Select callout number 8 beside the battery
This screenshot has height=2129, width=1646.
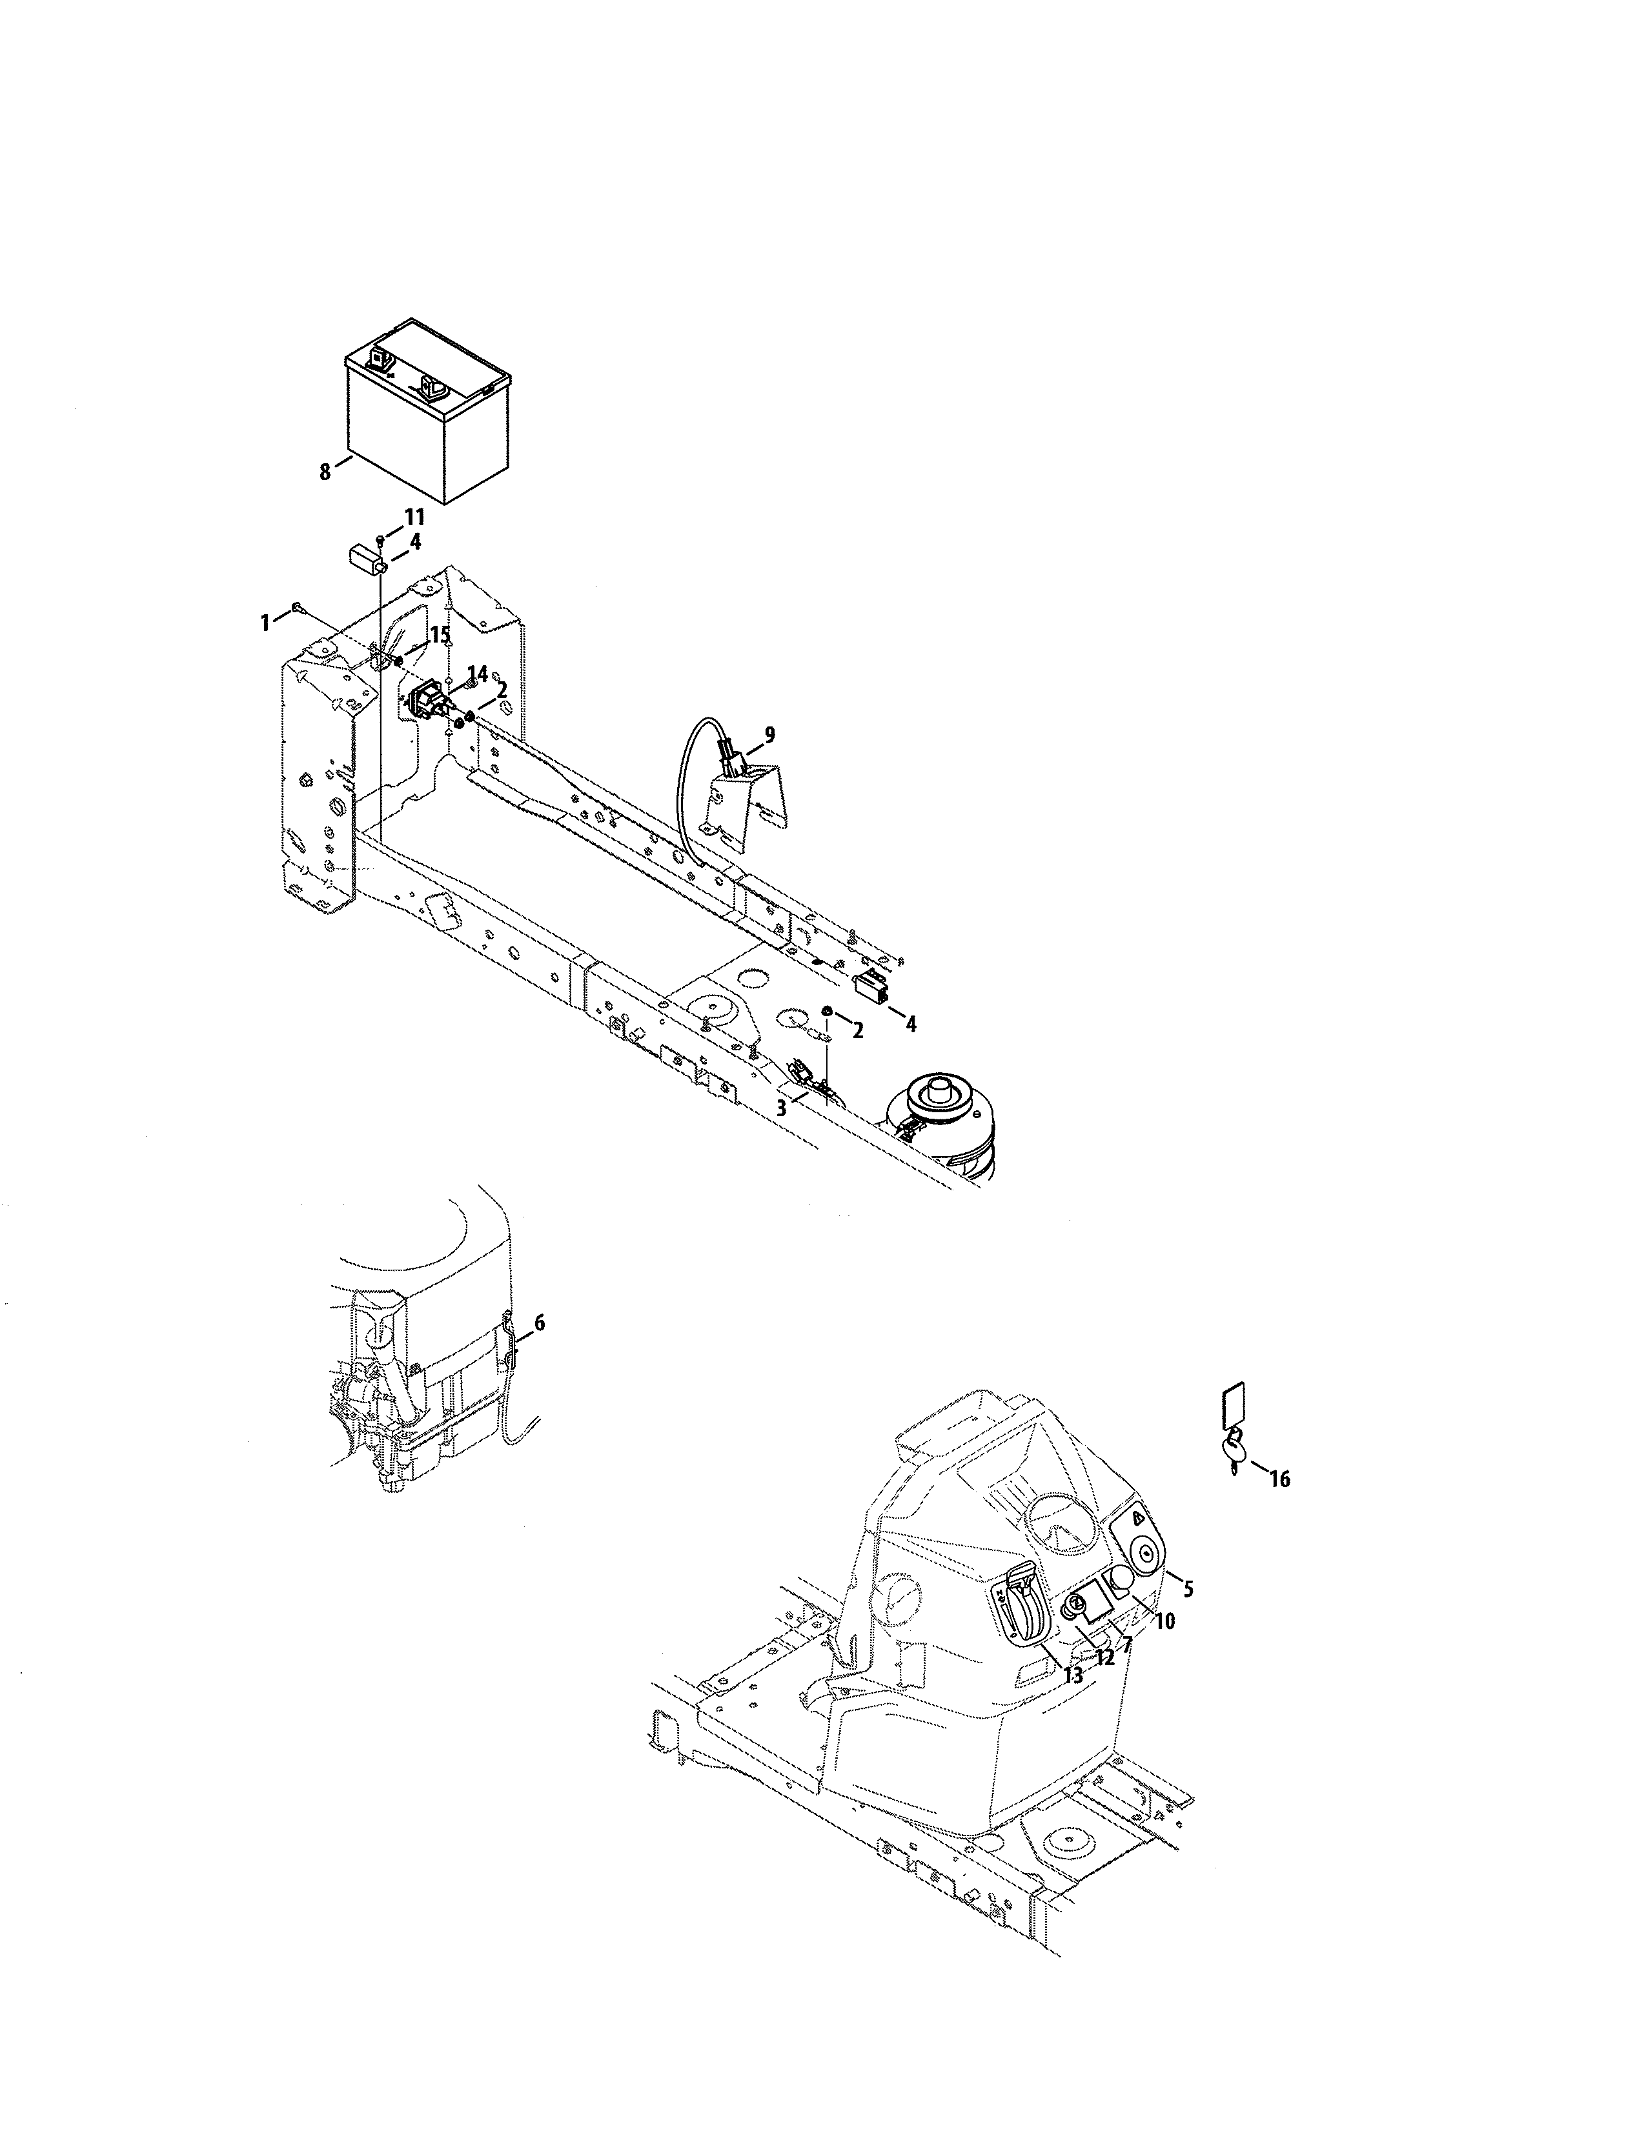tap(325, 472)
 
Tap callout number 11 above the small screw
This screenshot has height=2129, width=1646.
tap(414, 517)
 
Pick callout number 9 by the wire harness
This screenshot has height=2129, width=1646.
tap(769, 735)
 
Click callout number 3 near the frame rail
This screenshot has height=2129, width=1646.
tap(781, 1108)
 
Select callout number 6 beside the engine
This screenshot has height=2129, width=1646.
tap(539, 1323)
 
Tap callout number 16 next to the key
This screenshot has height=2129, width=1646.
tap(1279, 1506)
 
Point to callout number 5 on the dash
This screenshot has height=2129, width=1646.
tap(1188, 1589)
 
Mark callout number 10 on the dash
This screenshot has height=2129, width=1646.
tap(1164, 1621)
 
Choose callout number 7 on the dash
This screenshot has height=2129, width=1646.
tap(1126, 1644)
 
